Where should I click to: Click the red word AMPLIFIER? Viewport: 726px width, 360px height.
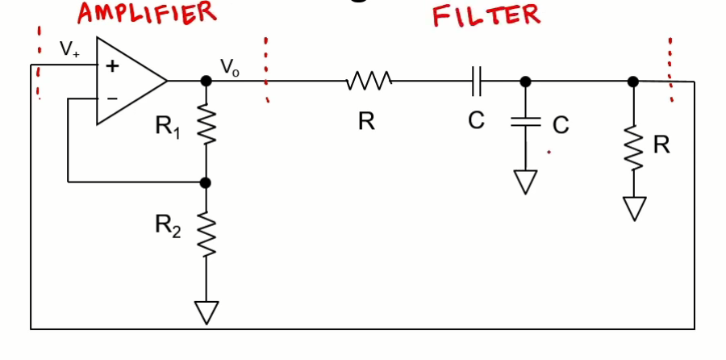146,13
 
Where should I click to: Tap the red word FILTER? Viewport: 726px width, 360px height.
486,15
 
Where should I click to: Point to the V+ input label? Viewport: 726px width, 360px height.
70,48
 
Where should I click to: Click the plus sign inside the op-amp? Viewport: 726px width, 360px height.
112,67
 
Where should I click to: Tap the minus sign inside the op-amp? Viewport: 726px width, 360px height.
112,98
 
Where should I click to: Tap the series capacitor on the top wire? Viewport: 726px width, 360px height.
476,81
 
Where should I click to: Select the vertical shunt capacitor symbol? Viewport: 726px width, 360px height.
525,123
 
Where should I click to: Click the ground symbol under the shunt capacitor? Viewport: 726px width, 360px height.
525,181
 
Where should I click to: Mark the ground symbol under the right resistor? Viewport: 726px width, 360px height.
634,207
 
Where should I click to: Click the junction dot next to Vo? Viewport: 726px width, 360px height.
207,81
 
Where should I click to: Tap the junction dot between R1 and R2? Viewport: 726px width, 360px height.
207,182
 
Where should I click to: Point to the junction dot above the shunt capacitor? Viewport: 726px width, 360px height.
525,81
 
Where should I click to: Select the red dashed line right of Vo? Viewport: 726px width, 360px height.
265,70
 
